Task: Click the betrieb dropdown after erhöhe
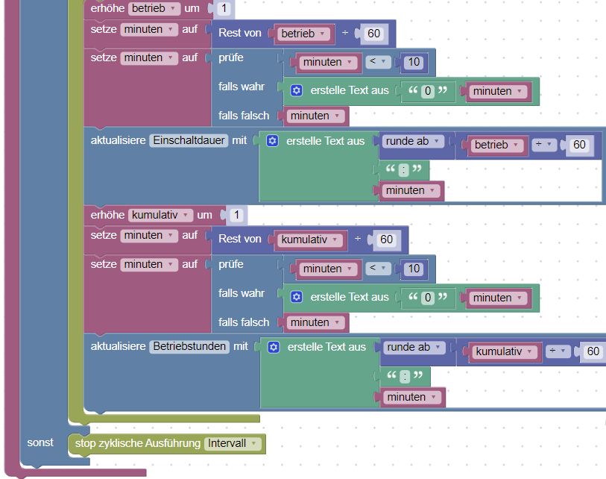click(x=154, y=8)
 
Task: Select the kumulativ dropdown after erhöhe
click(x=160, y=215)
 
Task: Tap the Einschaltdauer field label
click(x=189, y=140)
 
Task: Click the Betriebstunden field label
click(x=190, y=347)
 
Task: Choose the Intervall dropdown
click(x=233, y=443)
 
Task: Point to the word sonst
click(x=40, y=442)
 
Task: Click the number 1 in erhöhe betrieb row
click(x=225, y=9)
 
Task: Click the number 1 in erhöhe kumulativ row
click(x=236, y=216)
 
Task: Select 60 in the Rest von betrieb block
click(x=373, y=34)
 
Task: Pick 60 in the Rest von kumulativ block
click(x=386, y=240)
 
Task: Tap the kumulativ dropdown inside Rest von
click(x=312, y=240)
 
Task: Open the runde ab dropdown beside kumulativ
click(x=415, y=347)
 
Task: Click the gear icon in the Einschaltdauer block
click(x=272, y=140)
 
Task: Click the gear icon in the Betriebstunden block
click(x=274, y=347)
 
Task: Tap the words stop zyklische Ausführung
click(x=138, y=443)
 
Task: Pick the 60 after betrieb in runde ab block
click(x=579, y=145)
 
